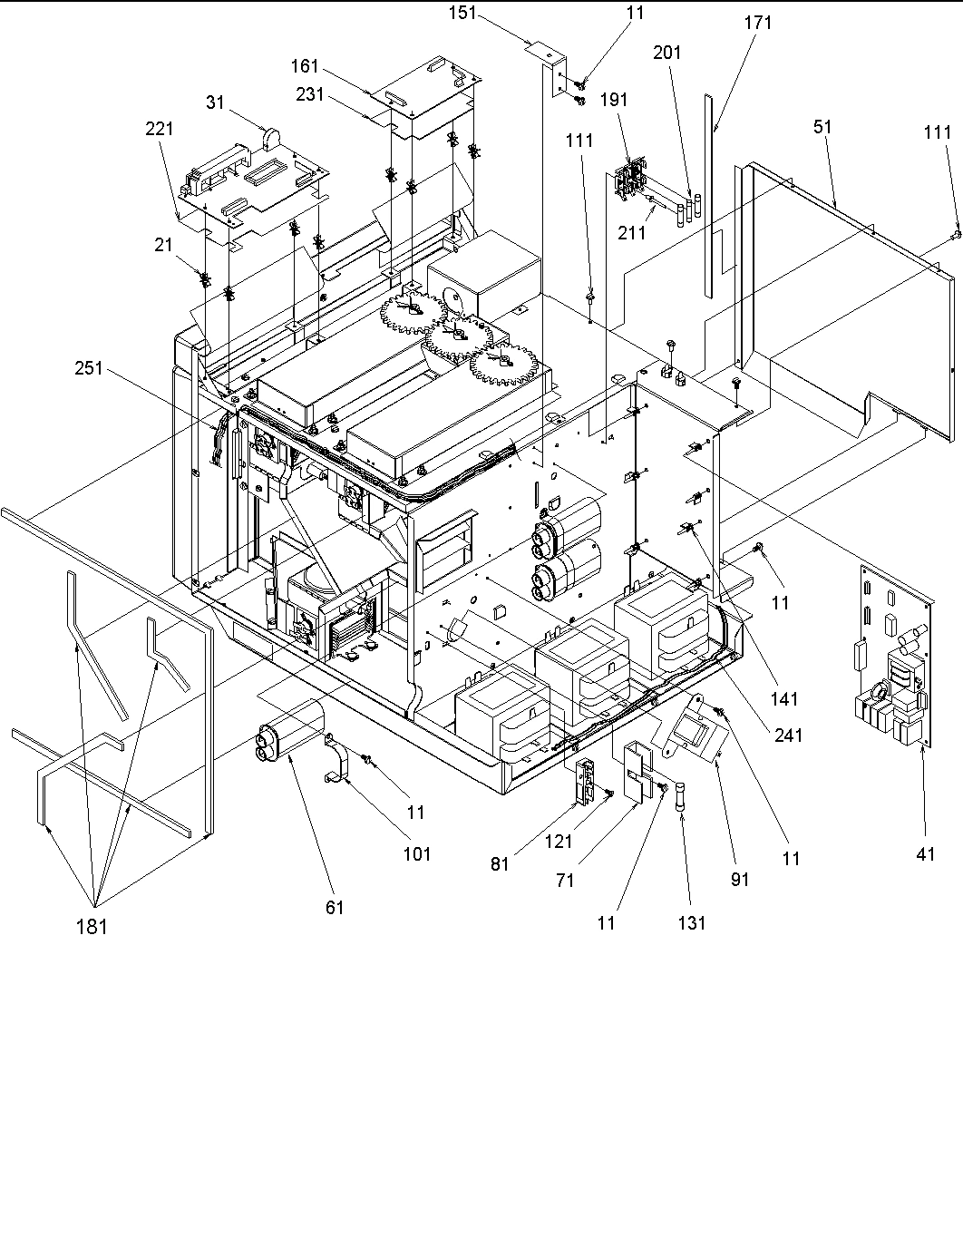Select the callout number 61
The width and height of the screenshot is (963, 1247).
[335, 907]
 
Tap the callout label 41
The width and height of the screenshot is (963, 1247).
[925, 853]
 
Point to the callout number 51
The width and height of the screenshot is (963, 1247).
[822, 128]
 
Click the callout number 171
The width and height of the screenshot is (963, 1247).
[757, 23]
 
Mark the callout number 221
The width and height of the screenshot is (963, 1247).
[161, 130]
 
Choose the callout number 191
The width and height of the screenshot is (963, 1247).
[614, 101]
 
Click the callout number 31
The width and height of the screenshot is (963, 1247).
[216, 102]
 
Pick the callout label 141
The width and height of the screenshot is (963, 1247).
[784, 697]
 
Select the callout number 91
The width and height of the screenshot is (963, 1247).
[741, 879]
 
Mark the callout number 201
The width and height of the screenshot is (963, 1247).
[667, 53]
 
